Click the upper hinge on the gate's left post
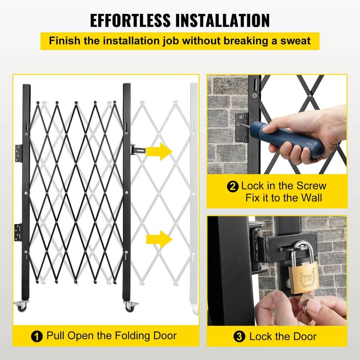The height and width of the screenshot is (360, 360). pyautogui.click(x=19, y=153)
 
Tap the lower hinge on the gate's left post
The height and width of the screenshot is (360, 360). pyautogui.click(x=18, y=231)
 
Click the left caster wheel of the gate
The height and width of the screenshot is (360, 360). pyautogui.click(x=21, y=306)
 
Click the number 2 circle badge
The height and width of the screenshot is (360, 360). pyautogui.click(x=233, y=187)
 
